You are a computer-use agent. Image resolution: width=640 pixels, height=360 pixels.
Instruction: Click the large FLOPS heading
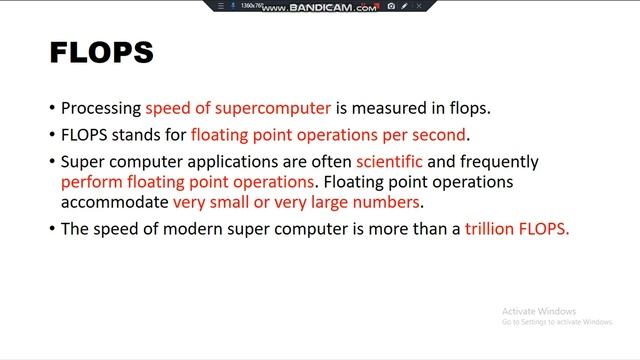(x=101, y=52)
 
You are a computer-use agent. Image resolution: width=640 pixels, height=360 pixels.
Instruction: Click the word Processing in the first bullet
(x=101, y=109)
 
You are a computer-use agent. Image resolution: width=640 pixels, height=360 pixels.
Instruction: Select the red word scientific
(x=382, y=161)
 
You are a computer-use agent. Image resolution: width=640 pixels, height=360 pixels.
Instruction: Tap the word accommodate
(x=114, y=203)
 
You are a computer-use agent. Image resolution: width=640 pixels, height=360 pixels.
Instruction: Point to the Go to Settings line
(x=557, y=322)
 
